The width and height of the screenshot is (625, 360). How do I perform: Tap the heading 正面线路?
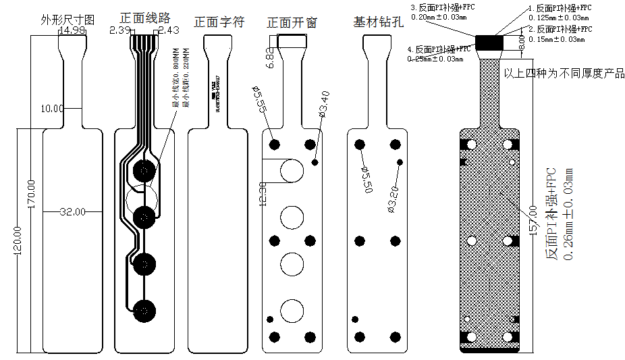[x=145, y=18]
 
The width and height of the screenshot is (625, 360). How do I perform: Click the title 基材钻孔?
[x=378, y=22]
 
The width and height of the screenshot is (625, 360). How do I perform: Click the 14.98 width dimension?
[x=72, y=30]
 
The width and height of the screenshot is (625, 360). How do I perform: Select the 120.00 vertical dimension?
[x=18, y=240]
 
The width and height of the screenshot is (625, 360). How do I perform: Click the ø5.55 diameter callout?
[x=260, y=99]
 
